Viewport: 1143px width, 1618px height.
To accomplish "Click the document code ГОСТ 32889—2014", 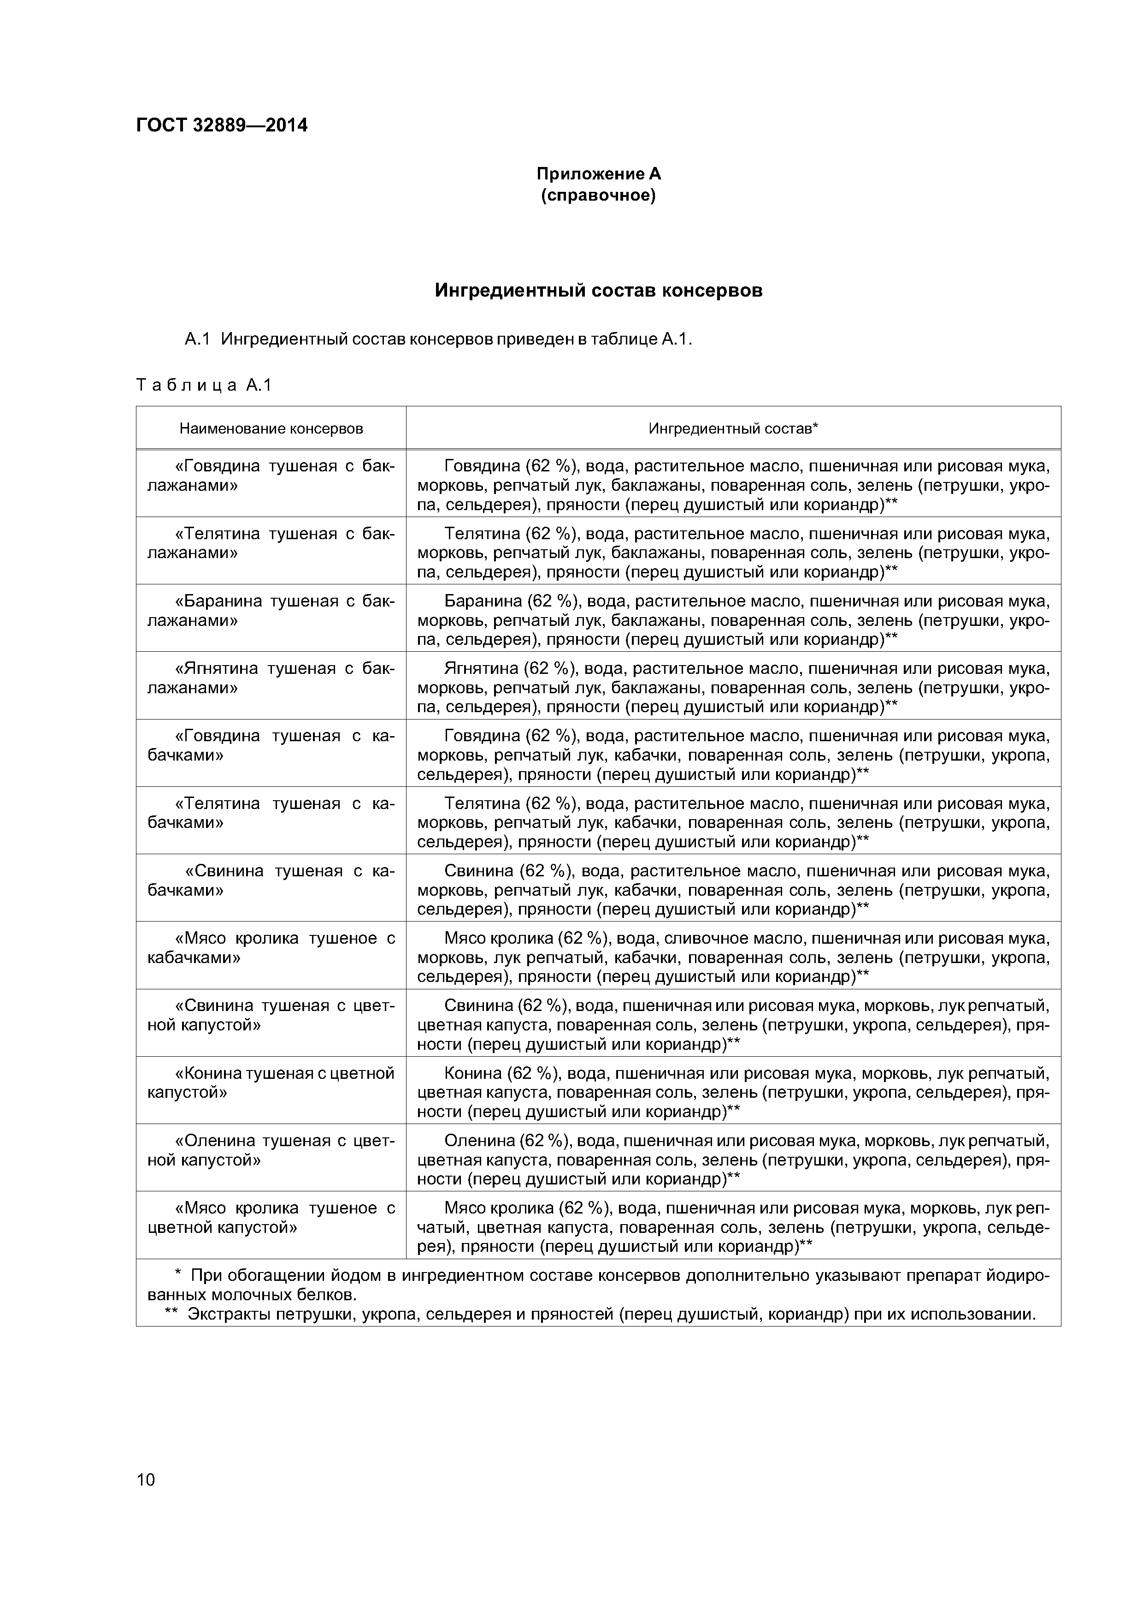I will click(222, 125).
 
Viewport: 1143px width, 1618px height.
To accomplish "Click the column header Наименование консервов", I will click(271, 428).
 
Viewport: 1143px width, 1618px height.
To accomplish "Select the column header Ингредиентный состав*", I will click(732, 428).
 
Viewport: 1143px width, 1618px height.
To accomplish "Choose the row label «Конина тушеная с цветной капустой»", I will click(271, 1083).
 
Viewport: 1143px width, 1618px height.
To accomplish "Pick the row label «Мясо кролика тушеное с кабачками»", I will click(271, 948).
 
